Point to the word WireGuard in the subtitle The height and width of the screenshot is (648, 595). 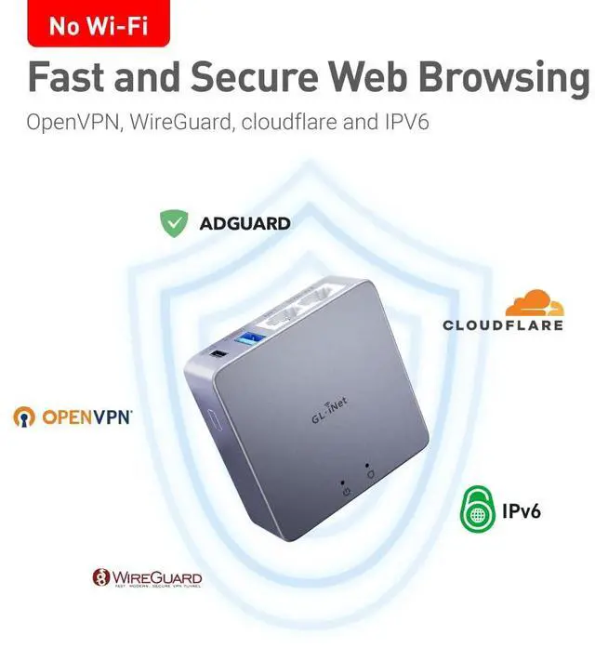(x=172, y=123)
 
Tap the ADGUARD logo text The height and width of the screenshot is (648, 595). (x=245, y=224)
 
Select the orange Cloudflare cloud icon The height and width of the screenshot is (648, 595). (x=535, y=303)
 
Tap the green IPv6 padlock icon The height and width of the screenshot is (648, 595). (x=477, y=509)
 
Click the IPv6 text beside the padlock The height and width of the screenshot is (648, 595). (x=522, y=510)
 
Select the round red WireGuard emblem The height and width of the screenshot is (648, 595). (x=100, y=579)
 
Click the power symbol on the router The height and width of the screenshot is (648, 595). (x=346, y=490)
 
